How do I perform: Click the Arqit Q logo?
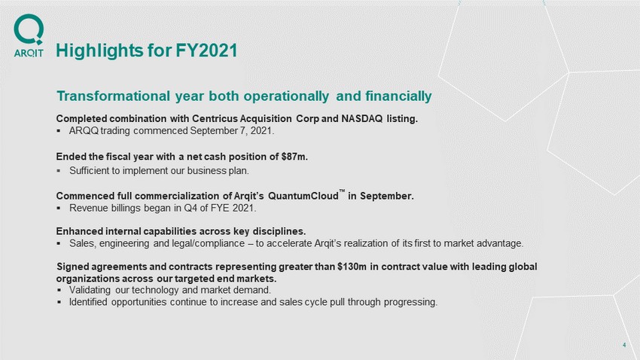point(29,29)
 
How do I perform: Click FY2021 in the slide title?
point(206,50)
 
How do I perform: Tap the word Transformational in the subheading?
point(113,96)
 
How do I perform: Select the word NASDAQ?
point(362,119)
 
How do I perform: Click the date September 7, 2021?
point(231,131)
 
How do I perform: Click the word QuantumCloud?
point(303,197)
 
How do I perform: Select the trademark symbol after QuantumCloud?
point(342,191)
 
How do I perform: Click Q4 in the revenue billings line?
point(190,208)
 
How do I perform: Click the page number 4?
point(624,345)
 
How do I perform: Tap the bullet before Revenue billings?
point(59,208)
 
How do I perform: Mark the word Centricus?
point(215,119)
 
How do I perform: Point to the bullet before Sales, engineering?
point(59,244)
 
